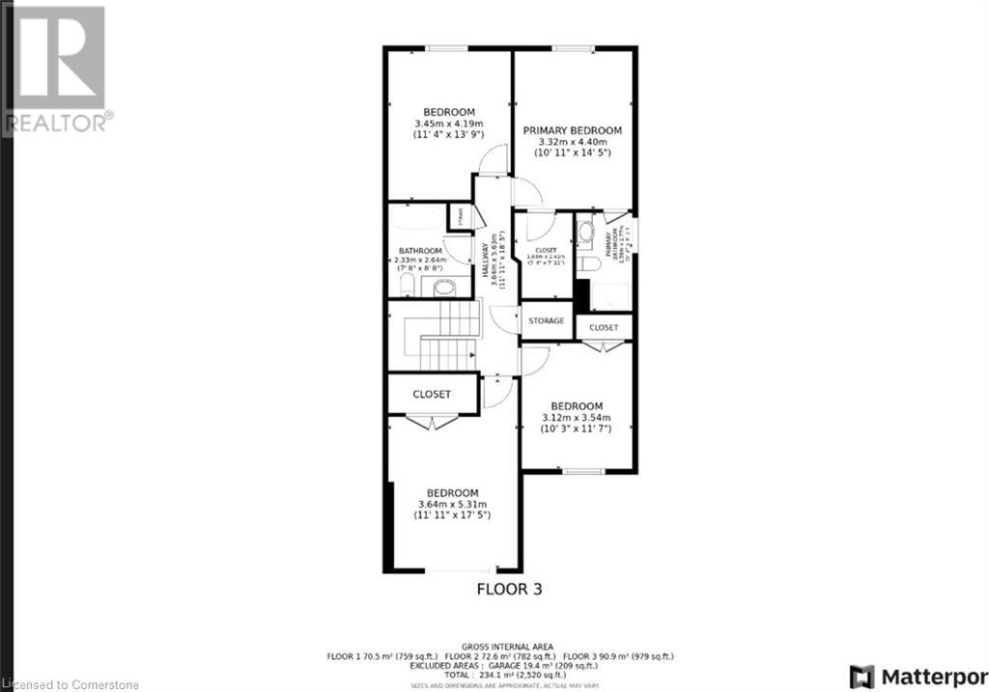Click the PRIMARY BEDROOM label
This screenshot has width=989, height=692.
pos(573,130)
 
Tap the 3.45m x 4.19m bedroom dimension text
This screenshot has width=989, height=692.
pos(449,125)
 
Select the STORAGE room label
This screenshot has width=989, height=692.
pos(547,321)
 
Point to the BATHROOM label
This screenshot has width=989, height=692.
pos(419,251)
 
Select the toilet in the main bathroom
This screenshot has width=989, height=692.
pos(407,285)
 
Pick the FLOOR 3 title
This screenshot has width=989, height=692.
pos(507,589)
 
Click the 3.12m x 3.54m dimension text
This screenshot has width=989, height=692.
pos(577,418)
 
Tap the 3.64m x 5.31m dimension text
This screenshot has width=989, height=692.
pos(453,504)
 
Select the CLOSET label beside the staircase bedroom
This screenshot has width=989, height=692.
pos(432,395)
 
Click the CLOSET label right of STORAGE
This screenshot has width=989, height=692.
pos(604,328)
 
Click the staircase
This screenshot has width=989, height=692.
pos(447,334)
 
